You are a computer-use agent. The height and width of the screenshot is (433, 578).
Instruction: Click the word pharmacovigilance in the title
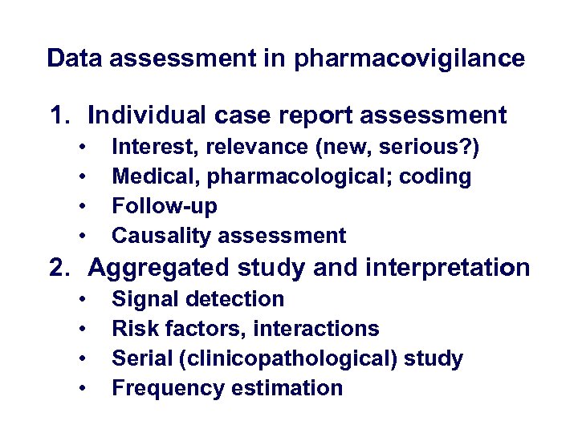409,59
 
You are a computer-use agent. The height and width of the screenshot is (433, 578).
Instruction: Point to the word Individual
148,115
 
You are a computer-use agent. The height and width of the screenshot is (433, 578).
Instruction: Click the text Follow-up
165,206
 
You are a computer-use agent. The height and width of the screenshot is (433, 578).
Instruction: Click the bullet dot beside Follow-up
83,206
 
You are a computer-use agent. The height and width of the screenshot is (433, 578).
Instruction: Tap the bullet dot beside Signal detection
83,299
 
